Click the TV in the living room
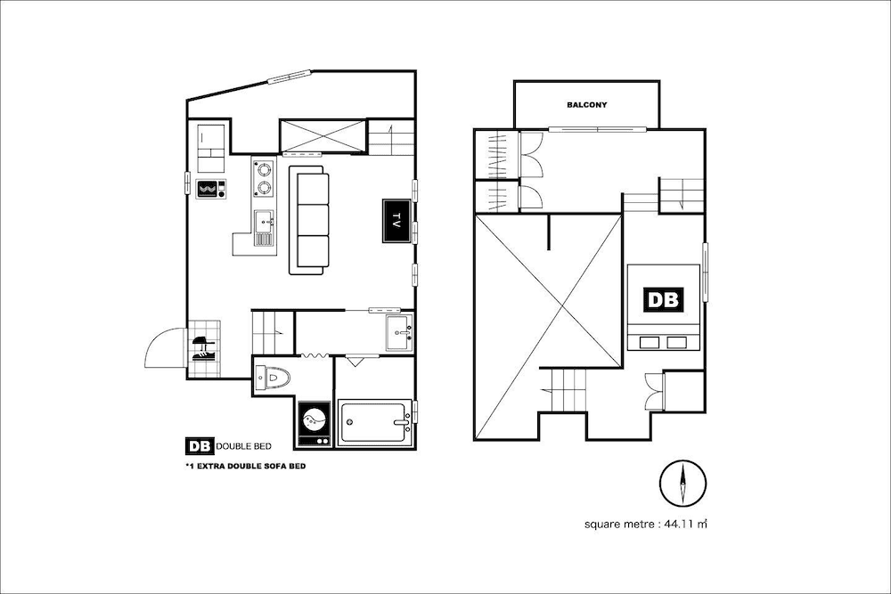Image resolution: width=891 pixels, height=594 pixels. [396, 220]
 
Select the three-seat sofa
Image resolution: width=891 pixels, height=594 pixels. [309, 219]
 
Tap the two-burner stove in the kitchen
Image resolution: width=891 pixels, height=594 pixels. [263, 177]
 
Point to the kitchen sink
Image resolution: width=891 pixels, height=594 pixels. [264, 220]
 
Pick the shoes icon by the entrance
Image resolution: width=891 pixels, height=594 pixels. [203, 347]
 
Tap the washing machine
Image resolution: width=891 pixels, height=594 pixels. [314, 421]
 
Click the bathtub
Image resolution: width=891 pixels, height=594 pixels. [374, 421]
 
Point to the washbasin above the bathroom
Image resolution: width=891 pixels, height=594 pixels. [398, 331]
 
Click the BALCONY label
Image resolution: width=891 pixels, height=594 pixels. [586, 105]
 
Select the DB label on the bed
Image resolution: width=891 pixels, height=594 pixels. [663, 300]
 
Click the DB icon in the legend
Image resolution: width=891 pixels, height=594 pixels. [197, 446]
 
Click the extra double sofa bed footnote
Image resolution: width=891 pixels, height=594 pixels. [245, 467]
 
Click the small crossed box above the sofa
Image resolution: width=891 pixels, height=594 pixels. [322, 136]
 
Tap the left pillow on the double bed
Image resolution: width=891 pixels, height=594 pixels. [649, 341]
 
